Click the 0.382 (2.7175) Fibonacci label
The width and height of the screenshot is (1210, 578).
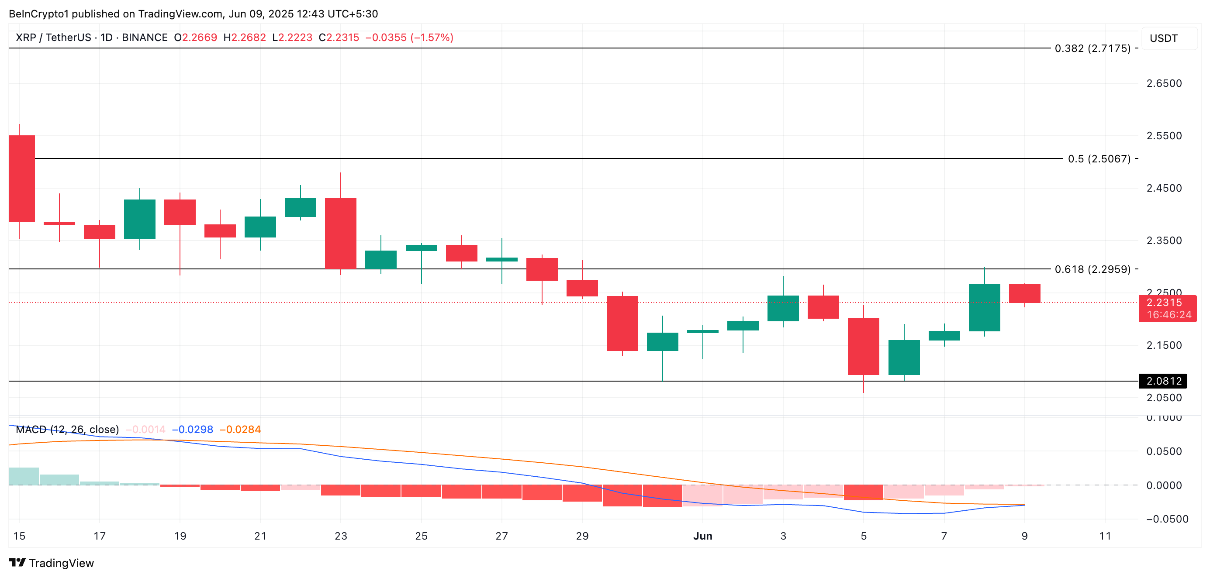coord(1092,48)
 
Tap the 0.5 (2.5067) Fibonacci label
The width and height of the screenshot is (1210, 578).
coord(1099,159)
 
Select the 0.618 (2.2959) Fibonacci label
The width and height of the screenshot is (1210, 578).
coord(1092,269)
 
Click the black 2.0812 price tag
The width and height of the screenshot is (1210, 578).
coord(1163,381)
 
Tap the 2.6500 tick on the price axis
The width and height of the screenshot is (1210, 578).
coord(1164,83)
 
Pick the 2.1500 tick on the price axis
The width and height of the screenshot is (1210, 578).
coord(1164,345)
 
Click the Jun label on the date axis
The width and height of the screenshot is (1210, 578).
coord(702,536)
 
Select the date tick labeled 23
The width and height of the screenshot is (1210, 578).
coord(341,536)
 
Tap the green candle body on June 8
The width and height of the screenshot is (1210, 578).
coord(984,307)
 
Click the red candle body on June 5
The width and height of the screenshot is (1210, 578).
coord(863,346)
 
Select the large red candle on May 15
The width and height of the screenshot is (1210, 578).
coord(21,179)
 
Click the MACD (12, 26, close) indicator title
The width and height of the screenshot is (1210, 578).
coord(67,429)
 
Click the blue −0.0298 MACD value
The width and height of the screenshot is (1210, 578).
coord(192,429)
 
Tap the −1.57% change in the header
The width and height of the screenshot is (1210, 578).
coord(432,38)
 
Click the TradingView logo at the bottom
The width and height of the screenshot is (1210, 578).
coord(52,563)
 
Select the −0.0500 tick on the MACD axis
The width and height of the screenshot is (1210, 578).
coord(1167,519)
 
